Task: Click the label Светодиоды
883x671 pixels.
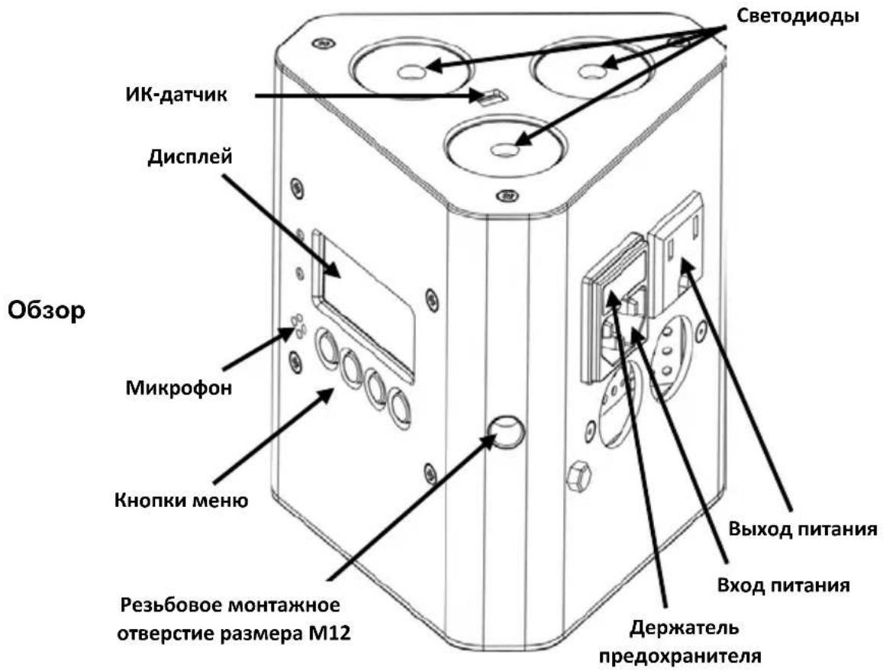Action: (798, 16)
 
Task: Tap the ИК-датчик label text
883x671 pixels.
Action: (176, 95)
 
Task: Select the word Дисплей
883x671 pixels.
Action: (190, 156)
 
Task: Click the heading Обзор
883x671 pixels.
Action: (47, 311)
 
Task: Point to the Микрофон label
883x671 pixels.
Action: (179, 389)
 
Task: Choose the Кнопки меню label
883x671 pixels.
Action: (181, 500)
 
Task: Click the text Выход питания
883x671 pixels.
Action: (803, 530)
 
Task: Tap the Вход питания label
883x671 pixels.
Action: (783, 585)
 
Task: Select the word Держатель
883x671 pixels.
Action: (684, 627)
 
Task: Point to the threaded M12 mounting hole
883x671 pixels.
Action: (506, 431)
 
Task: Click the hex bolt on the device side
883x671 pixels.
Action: (578, 476)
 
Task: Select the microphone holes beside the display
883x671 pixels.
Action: (298, 326)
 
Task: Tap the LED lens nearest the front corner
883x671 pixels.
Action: (504, 147)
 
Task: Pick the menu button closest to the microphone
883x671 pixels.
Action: (327, 346)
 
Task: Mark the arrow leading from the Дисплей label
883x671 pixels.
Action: (281, 227)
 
